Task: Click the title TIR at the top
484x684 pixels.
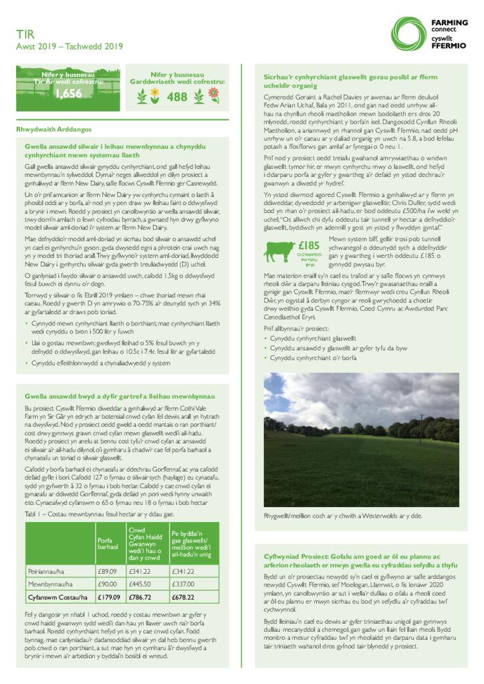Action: [x=25, y=33]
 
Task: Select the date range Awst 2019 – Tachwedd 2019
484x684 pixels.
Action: [x=70, y=46]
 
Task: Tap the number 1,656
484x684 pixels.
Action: [x=68, y=94]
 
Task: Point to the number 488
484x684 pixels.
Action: [x=177, y=97]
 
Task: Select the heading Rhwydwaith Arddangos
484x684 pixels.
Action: [x=53, y=129]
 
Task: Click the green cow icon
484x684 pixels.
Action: [x=279, y=251]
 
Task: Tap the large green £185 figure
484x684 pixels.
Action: [x=309, y=245]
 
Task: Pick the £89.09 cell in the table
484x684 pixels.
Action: [x=108, y=571]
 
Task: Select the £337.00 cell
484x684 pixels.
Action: [x=183, y=584]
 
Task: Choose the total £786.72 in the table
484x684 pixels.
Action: [x=140, y=597]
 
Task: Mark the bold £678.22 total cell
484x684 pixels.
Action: [x=183, y=597]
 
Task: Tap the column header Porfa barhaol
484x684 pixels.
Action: [x=107, y=542]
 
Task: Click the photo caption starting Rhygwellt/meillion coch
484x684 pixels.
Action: [x=342, y=516]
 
